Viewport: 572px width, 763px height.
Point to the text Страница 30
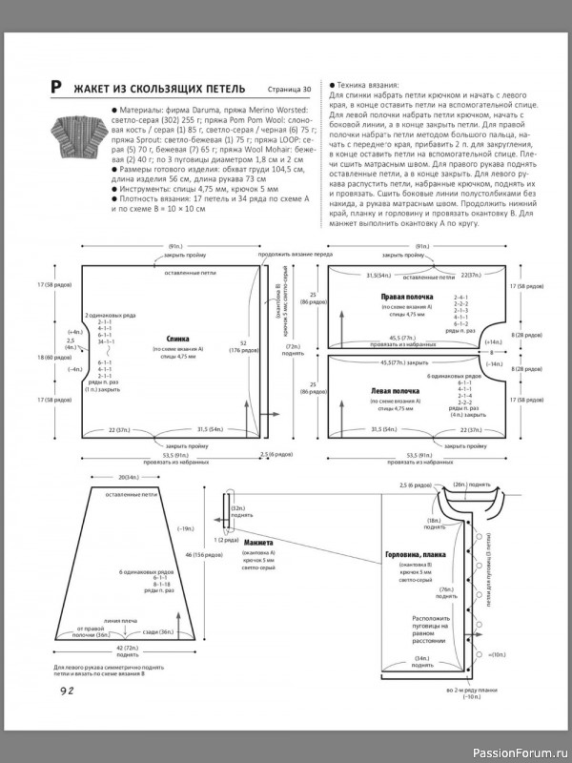290,90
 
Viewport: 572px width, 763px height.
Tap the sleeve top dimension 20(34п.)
128,477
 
